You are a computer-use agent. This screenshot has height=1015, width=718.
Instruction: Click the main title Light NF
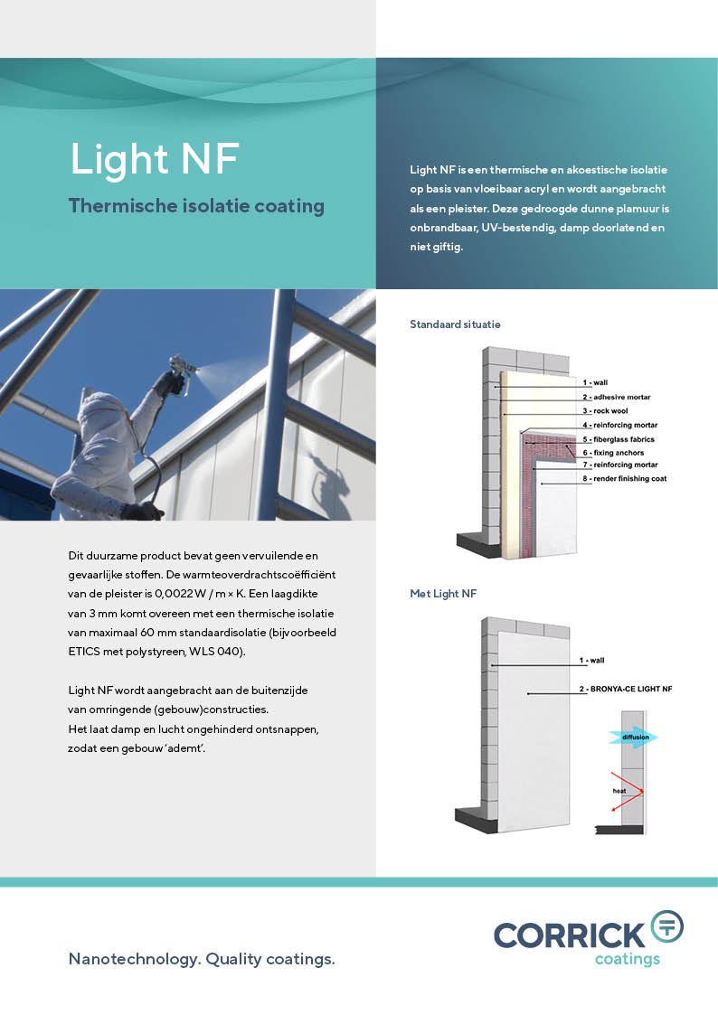[155, 159]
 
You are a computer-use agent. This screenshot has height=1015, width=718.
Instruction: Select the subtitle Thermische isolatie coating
[196, 206]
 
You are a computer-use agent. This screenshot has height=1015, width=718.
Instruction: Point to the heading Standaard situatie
[455, 324]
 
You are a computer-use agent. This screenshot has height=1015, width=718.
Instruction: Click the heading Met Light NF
[443, 594]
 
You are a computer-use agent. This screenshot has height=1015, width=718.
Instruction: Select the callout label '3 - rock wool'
[605, 411]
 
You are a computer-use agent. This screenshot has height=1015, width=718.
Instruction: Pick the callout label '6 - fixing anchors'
[613, 453]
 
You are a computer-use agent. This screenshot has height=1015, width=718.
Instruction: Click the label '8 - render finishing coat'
[624, 479]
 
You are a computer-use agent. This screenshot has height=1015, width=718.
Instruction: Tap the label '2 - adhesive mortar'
[617, 398]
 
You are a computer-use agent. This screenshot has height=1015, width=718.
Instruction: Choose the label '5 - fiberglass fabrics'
[619, 439]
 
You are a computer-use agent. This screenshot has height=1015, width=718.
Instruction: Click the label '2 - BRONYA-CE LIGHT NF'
[626, 690]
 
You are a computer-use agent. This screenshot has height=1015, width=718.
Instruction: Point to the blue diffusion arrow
[633, 738]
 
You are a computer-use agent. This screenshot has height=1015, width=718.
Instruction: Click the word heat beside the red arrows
[619, 791]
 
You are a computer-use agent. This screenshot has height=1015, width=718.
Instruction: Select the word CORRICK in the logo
[570, 936]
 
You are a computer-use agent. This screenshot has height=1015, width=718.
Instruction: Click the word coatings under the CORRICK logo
[628, 959]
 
